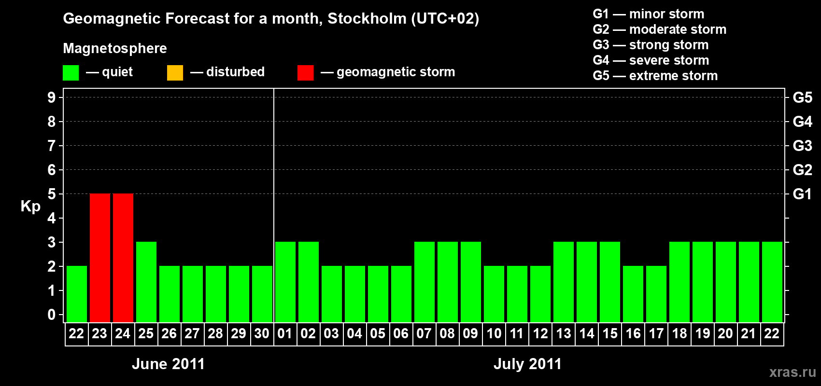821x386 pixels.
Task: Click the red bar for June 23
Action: pyautogui.click(x=100, y=258)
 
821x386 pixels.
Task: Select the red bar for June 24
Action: pyautogui.click(x=123, y=258)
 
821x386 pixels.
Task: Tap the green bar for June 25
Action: pyautogui.click(x=146, y=282)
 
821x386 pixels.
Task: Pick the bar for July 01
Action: pyautogui.click(x=285, y=282)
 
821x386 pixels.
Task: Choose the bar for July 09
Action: pyautogui.click(x=471, y=282)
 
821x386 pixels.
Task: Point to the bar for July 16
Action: pyautogui.click(x=633, y=294)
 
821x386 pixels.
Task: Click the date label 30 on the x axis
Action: pyautogui.click(x=262, y=333)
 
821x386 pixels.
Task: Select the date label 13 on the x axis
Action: pyautogui.click(x=564, y=333)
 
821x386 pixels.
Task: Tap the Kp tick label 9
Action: pyautogui.click(x=52, y=97)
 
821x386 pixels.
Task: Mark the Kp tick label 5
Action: pyautogui.click(x=52, y=194)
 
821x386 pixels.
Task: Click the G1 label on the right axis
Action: pyautogui.click(x=802, y=194)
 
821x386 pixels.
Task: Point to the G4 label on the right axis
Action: pyautogui.click(x=802, y=122)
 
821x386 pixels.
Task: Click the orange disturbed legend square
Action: pyautogui.click(x=175, y=73)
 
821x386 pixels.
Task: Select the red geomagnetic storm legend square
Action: pyautogui.click(x=305, y=73)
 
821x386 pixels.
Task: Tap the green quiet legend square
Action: pyautogui.click(x=71, y=73)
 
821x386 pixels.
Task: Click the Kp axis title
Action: pyautogui.click(x=30, y=207)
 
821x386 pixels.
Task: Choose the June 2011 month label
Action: pyautogui.click(x=168, y=364)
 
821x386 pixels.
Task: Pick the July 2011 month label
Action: pyautogui.click(x=527, y=364)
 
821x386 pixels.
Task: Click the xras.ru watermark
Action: pyautogui.click(x=793, y=372)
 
